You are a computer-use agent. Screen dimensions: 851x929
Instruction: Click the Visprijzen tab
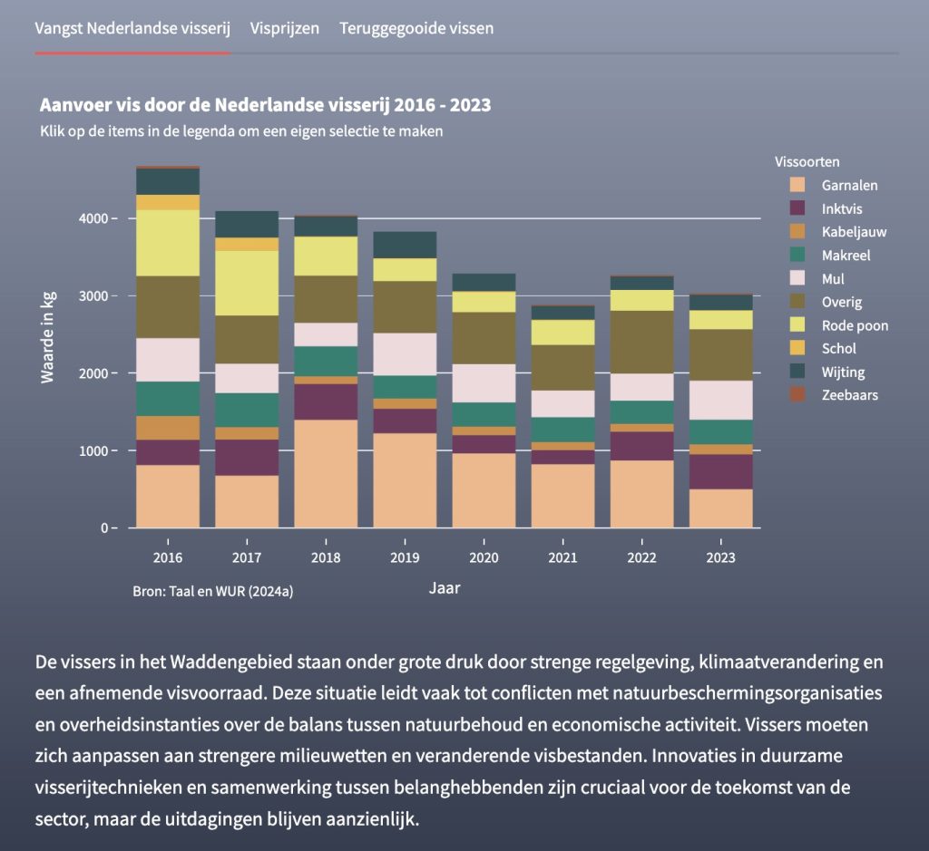[285, 28]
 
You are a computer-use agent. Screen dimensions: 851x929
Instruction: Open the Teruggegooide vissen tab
[416, 28]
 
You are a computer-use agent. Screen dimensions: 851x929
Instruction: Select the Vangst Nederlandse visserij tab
[132, 28]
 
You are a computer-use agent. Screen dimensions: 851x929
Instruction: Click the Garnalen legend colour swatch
[797, 185]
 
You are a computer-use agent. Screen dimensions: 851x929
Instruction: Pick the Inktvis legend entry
[843, 208]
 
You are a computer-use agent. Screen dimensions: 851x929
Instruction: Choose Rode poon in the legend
[855, 325]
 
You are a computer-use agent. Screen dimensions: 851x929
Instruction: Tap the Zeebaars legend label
[849, 395]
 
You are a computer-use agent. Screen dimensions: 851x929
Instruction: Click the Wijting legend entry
[843, 372]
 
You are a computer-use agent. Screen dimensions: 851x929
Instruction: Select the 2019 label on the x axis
[405, 557]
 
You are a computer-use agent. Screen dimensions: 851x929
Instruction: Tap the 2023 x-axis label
[720, 557]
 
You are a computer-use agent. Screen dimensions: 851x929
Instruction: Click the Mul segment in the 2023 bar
[720, 400]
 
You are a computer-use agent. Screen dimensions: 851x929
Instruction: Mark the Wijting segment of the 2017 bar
[247, 224]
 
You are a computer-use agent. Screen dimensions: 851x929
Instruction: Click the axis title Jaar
[445, 588]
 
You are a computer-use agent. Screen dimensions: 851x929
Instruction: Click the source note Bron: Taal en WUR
[212, 591]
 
